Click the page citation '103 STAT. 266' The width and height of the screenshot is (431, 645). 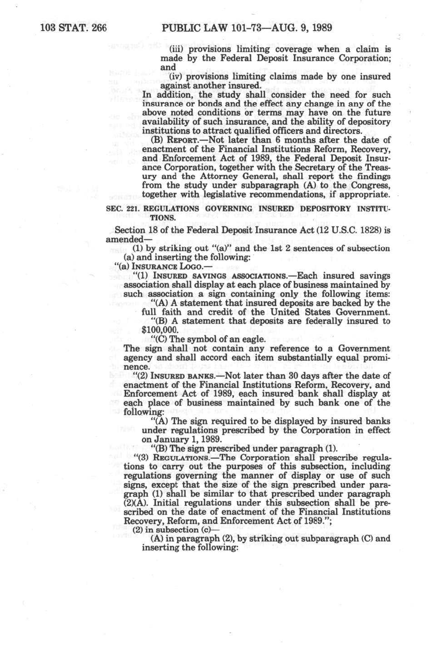point(73,28)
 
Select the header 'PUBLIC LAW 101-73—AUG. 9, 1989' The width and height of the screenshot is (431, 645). point(246,28)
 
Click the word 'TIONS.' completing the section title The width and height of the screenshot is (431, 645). point(163,218)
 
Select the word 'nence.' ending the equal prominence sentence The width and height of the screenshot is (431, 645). point(137,367)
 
